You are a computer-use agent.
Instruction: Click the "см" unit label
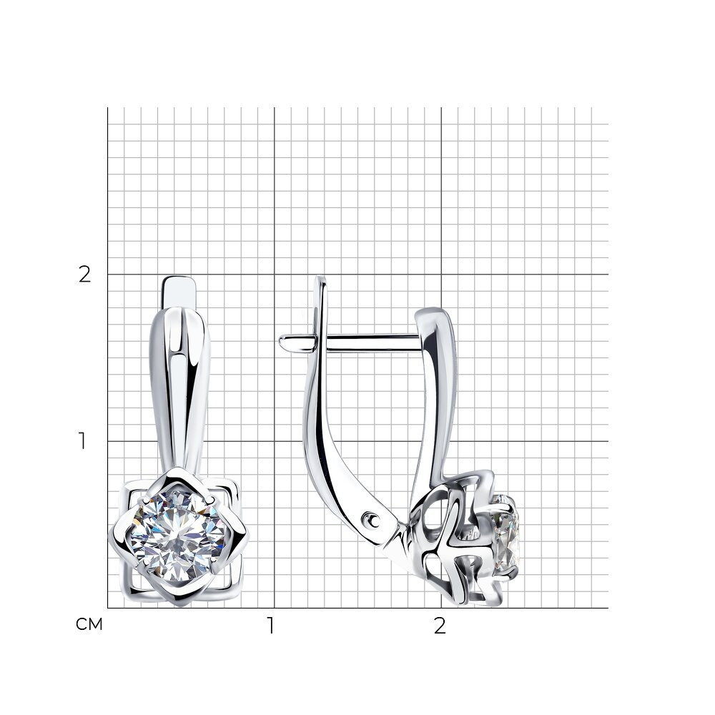coord(89,624)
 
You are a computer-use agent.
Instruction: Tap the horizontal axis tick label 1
coord(271,626)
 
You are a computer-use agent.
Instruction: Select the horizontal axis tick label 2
coord(440,626)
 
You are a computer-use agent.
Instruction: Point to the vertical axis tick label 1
coord(82,440)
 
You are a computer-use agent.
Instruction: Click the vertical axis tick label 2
coord(85,274)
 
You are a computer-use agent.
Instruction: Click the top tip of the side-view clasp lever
coord(322,277)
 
